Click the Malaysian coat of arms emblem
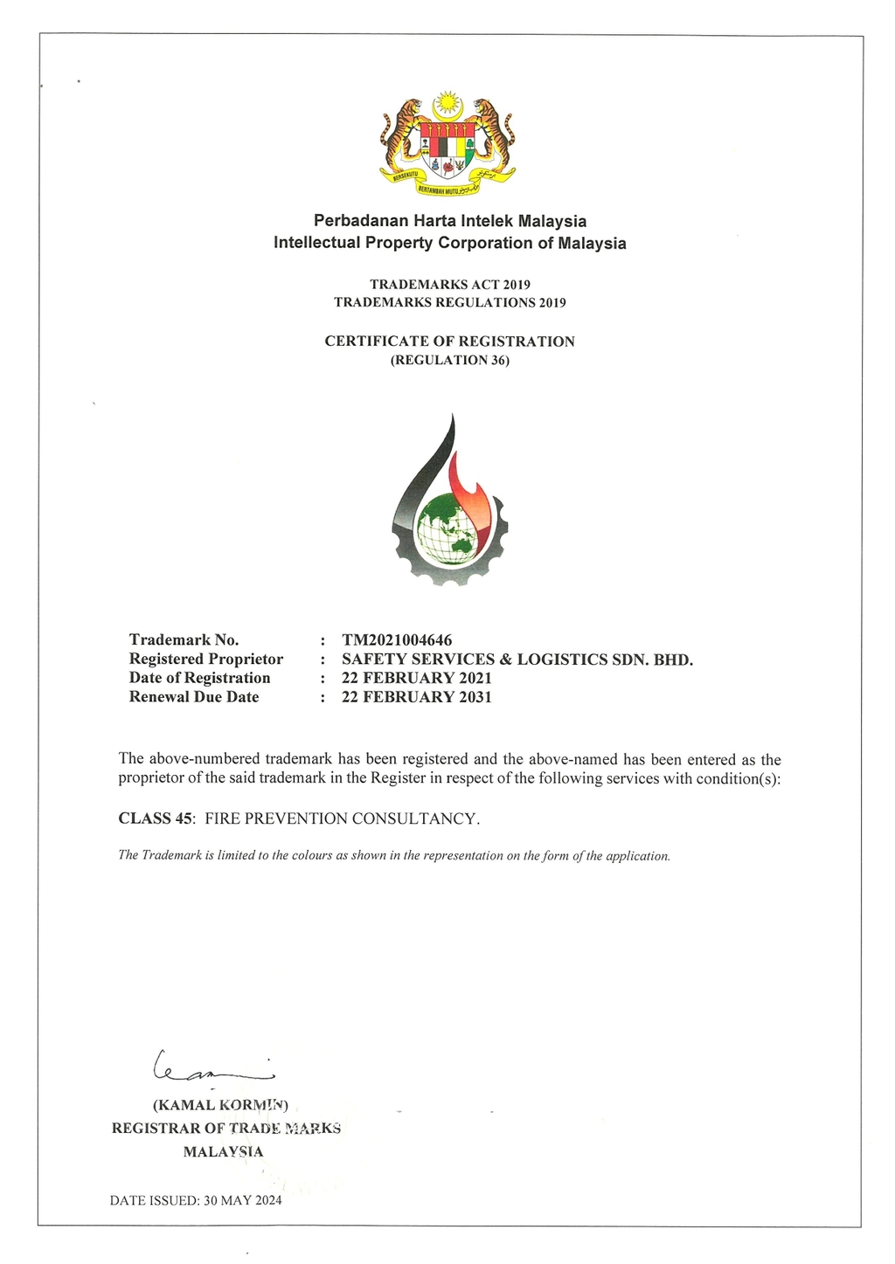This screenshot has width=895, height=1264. click(x=447, y=142)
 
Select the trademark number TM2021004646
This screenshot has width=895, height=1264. click(x=397, y=640)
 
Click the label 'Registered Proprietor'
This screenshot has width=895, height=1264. click(x=206, y=660)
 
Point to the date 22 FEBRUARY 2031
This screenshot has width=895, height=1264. click(x=416, y=697)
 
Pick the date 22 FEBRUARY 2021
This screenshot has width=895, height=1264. click(x=416, y=678)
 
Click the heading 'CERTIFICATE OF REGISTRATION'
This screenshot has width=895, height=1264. click(x=449, y=342)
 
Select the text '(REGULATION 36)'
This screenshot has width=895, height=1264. click(x=449, y=360)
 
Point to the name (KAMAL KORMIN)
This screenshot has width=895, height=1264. click(x=220, y=1104)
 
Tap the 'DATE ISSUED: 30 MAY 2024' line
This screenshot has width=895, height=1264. click(x=196, y=1200)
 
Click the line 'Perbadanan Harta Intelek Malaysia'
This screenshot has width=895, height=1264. click(x=449, y=221)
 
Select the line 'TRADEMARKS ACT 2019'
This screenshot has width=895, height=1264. click(x=449, y=285)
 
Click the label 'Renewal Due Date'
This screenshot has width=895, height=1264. click(x=194, y=697)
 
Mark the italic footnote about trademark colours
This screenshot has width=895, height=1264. click(x=394, y=856)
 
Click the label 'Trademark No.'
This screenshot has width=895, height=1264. click(x=184, y=640)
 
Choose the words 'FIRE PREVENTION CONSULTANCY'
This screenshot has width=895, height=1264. click(x=342, y=818)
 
